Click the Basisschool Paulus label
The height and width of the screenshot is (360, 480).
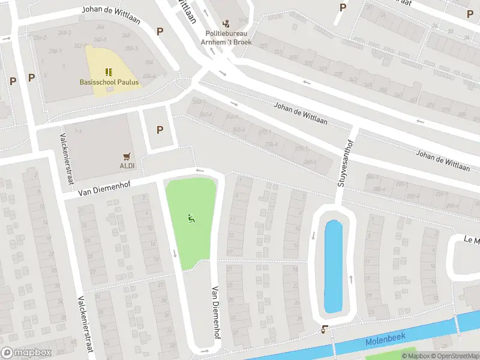[109, 82]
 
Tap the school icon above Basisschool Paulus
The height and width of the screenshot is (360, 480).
[109, 71]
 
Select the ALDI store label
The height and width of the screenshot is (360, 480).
[127, 165]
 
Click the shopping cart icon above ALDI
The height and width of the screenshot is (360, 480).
[127, 155]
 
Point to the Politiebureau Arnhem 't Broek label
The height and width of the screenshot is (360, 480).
[229, 38]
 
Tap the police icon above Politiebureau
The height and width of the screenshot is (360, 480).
[226, 24]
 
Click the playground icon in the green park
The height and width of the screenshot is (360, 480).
[191, 219]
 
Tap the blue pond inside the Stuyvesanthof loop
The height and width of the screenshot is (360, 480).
[333, 266]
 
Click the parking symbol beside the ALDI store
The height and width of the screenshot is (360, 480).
[160, 130]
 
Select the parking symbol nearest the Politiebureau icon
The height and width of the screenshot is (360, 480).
[160, 31]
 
